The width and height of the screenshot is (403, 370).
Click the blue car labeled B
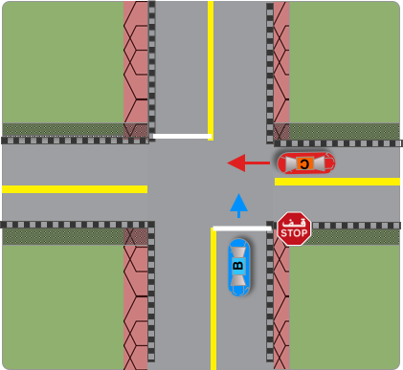coord(239,267)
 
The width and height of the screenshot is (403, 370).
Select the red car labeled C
coord(305,163)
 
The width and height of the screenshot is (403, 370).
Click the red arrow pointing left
coord(248,163)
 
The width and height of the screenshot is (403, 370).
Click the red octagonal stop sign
coord(294,229)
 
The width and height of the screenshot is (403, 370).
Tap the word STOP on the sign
coord(294,232)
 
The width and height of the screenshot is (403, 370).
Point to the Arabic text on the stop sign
coord(294,221)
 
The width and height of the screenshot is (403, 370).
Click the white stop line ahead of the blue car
coord(242,229)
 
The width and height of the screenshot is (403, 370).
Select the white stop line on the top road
coord(180,136)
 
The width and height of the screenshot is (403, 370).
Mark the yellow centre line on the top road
coord(211,67)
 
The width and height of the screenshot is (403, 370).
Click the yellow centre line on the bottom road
coord(213,306)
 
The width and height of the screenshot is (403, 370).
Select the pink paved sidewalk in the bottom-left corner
coord(135,306)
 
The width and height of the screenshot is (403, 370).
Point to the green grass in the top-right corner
coord(345,62)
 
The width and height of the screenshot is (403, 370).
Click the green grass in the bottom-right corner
coord(345,306)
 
